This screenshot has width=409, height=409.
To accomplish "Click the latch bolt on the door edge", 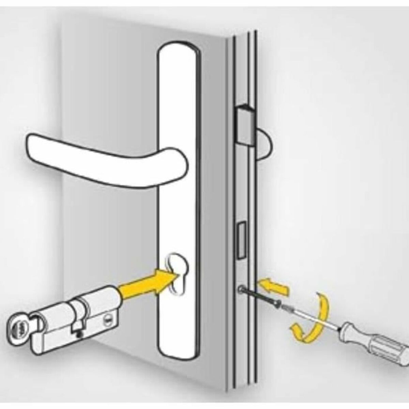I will [245, 126].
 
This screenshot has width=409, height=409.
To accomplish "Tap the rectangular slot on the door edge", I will [241, 239].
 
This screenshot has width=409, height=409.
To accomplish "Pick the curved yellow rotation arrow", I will [312, 319].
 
